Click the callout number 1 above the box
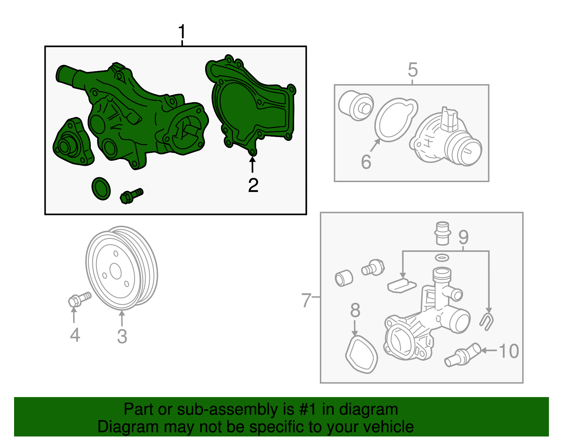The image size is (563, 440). (182, 32)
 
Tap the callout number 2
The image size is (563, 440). (253, 185)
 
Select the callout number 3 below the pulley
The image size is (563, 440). (122, 336)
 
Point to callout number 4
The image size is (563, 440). (75, 335)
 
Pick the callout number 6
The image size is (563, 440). (366, 162)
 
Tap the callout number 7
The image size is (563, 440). (306, 300)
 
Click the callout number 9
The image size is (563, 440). (463, 237)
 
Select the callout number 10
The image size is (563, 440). (509, 351)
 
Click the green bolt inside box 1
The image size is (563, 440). (132, 196)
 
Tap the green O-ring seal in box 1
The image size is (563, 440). (101, 189)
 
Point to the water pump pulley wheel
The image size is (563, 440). (122, 268)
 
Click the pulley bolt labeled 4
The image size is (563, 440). (80, 300)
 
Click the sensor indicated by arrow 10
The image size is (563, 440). (463, 355)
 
